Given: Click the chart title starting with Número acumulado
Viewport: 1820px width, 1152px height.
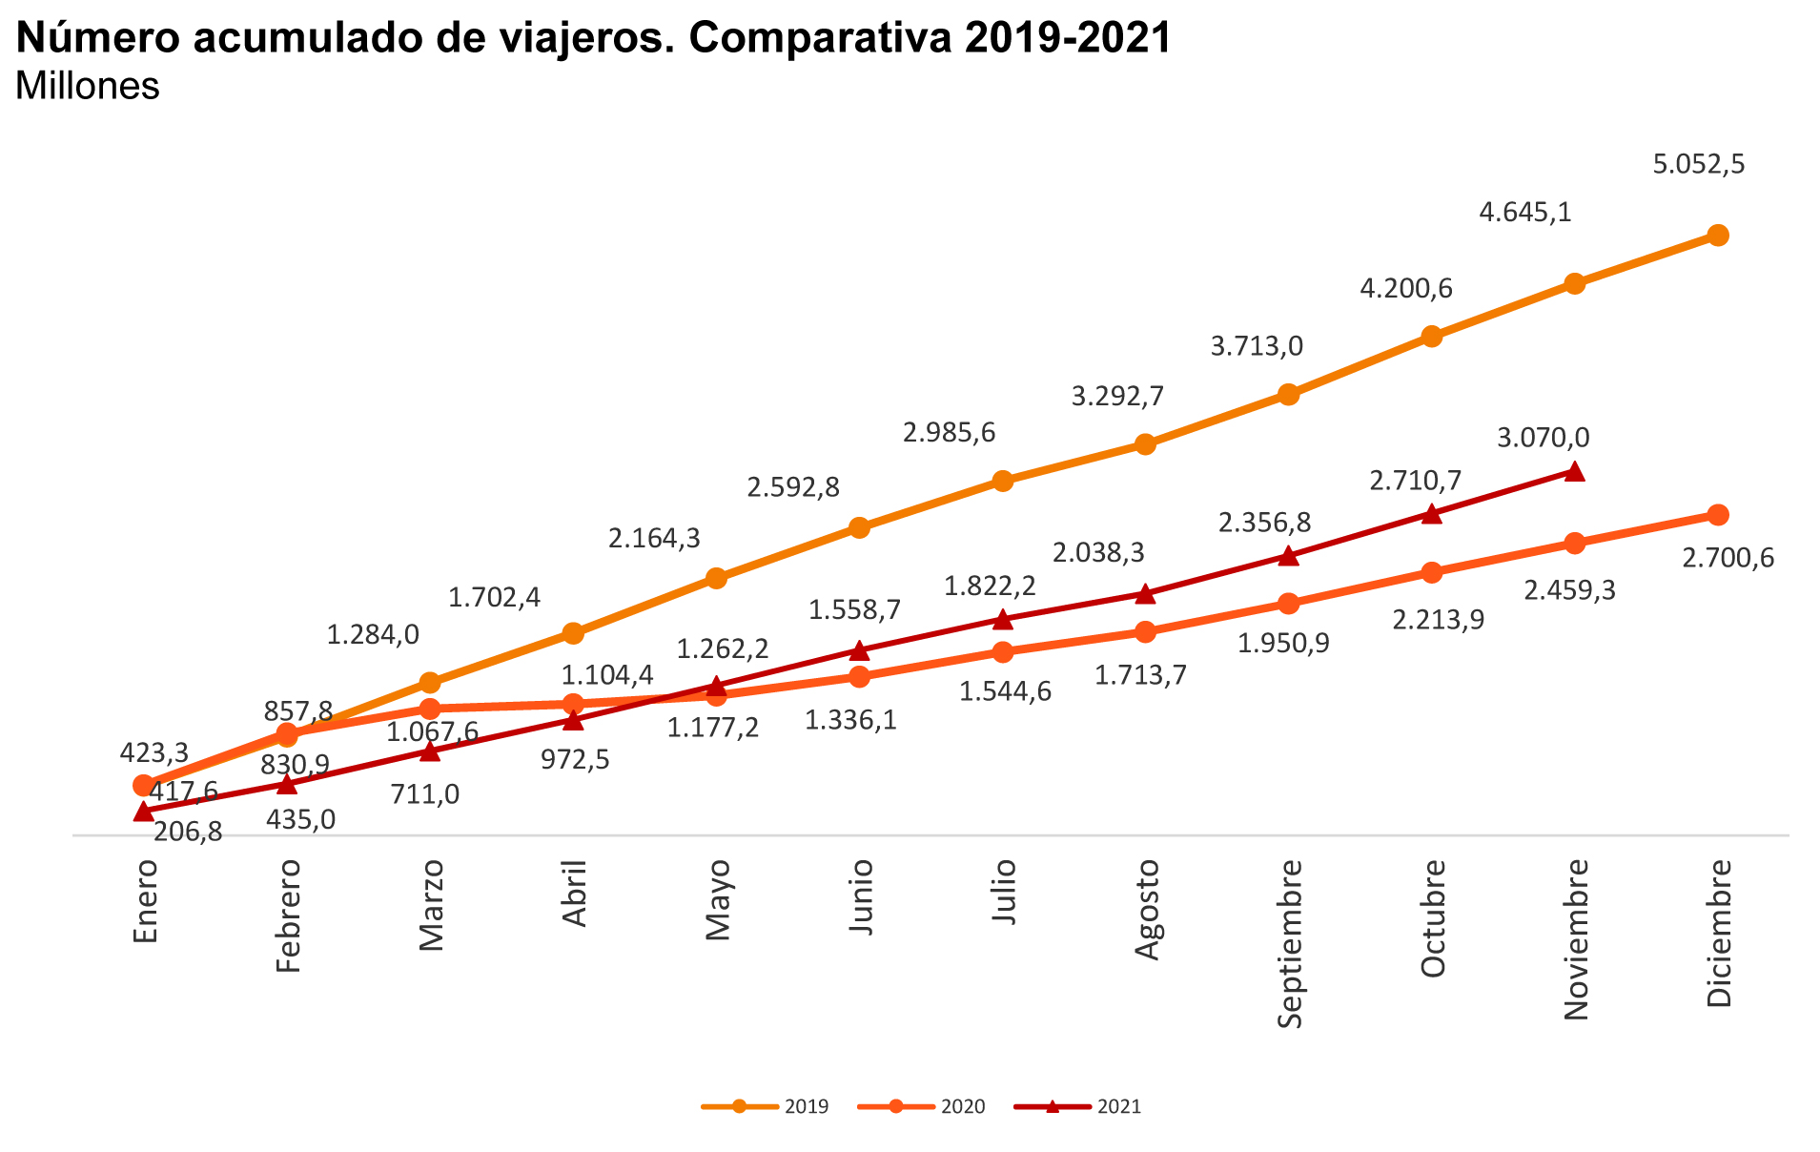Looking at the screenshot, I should click(x=593, y=38).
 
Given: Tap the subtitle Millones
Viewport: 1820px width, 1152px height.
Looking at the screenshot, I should click(x=88, y=86).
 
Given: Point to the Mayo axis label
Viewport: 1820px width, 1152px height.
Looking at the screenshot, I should click(x=717, y=900).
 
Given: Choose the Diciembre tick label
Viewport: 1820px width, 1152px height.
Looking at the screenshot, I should click(x=1718, y=933).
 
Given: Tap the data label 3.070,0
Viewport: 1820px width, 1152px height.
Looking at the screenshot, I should click(x=1543, y=438).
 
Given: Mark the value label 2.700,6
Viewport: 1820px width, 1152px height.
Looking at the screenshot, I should click(x=1728, y=558).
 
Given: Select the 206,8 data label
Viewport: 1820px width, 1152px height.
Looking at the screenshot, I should click(x=188, y=832).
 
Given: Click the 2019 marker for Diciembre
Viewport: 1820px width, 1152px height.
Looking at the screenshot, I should click(x=1718, y=236).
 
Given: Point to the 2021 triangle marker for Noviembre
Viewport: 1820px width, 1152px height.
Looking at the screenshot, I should click(x=1575, y=471).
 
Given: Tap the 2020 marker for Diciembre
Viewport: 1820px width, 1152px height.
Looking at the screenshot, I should click(x=1718, y=515).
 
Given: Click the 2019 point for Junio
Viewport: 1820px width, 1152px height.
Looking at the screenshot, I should click(x=859, y=527).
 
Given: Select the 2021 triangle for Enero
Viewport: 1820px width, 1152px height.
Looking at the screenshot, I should click(x=144, y=812).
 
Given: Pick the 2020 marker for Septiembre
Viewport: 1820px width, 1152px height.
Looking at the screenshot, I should click(x=1288, y=604).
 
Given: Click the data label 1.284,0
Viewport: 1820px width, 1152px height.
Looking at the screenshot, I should click(x=373, y=635).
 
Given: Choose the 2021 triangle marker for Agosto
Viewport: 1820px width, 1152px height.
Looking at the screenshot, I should click(x=1146, y=594).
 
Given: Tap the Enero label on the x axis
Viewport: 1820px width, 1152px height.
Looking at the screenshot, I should click(x=144, y=900).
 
